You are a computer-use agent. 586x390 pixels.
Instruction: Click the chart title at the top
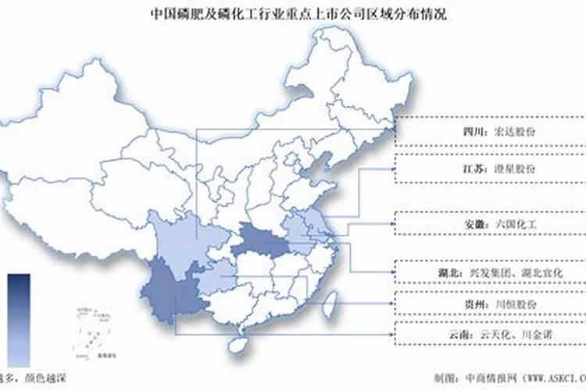[x=293, y=13]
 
